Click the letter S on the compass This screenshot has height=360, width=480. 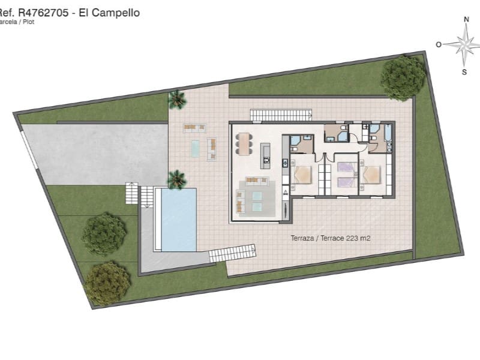point(464,71)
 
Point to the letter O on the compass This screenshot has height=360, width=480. point(439,44)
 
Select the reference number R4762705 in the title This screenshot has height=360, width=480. point(40,13)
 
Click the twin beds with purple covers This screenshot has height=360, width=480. point(346,175)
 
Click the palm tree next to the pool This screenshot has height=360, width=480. point(176,178)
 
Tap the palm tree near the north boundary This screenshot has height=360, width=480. point(176,99)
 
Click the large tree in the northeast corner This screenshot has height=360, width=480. point(403,77)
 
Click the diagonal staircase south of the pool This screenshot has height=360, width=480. point(232,253)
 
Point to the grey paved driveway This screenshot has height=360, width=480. point(96,152)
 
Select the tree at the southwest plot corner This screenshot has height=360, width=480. point(107,283)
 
